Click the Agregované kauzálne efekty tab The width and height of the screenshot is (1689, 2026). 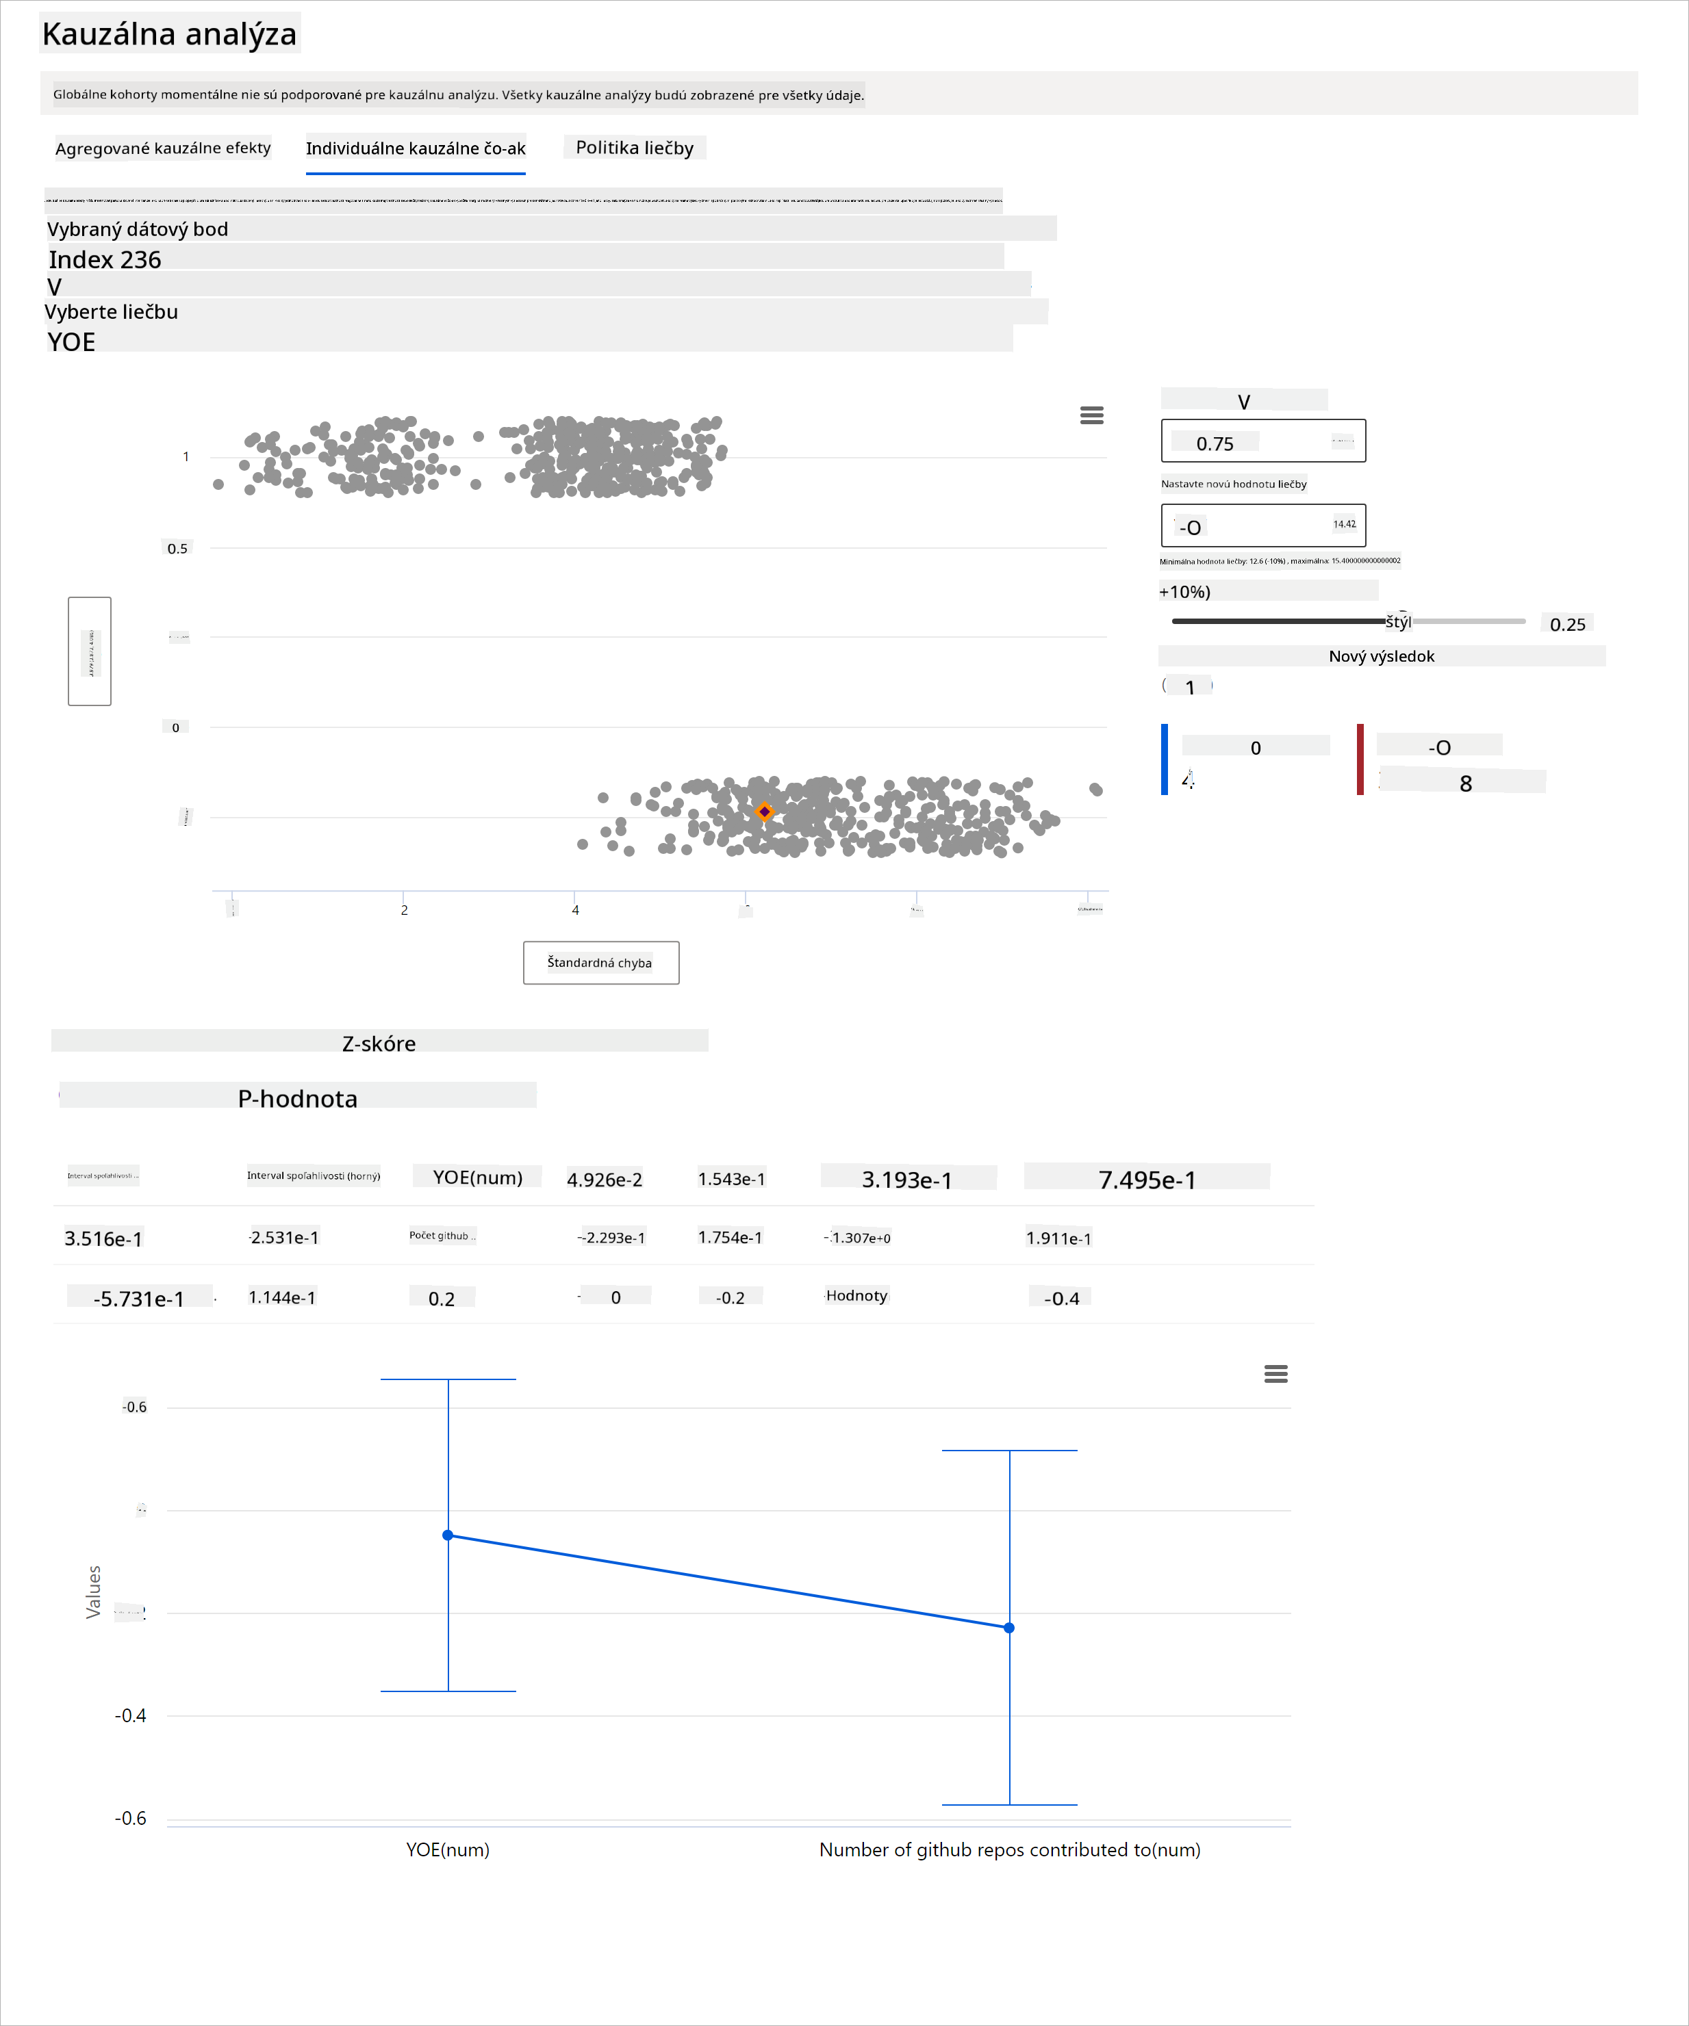[162, 148]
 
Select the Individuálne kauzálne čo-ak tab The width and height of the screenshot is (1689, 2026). [415, 148]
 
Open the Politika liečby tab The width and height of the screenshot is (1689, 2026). [634, 148]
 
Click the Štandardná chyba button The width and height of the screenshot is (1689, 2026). [600, 962]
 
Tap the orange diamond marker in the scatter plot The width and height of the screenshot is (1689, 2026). [764, 811]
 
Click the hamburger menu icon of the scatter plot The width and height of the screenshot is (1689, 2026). [1091, 415]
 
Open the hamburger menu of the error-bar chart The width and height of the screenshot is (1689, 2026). [1275, 1374]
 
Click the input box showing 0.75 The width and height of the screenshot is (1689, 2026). [1262, 442]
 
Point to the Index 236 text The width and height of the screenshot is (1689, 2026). [105, 259]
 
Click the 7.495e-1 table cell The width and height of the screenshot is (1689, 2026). [1147, 1179]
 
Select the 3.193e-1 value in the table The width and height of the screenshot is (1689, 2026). [906, 1179]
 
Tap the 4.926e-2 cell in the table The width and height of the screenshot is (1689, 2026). [604, 1179]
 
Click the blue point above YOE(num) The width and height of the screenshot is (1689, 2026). [448, 1535]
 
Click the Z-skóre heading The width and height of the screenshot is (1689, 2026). [379, 1043]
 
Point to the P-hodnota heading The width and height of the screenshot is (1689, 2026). [297, 1098]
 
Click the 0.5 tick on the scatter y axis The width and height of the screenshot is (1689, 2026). [177, 548]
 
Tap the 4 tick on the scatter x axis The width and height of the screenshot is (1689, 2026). [575, 909]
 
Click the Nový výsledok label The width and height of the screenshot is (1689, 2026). [1381, 656]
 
